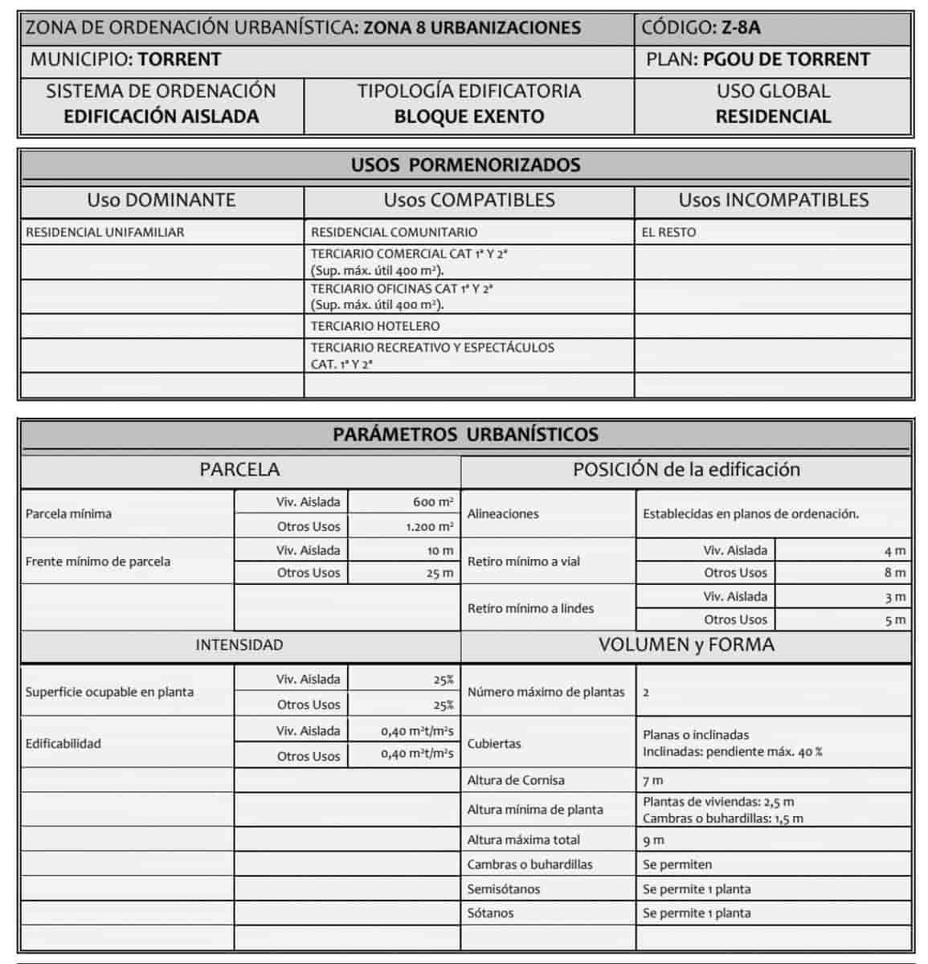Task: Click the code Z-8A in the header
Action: coord(740,27)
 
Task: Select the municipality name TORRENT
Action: coord(179,59)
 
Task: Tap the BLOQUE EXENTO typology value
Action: coord(468,116)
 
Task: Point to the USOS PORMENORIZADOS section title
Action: coord(465,165)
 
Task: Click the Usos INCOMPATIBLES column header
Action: coord(773,200)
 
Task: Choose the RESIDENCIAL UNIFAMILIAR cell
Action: coord(105,232)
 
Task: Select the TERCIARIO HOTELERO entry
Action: coord(375,326)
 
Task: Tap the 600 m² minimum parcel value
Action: coord(433,502)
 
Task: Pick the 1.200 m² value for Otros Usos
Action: coord(429,527)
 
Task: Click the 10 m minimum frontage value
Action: coord(440,551)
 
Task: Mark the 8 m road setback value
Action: coord(894,573)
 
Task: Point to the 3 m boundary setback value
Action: coord(894,597)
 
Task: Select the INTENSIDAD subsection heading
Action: coord(239,645)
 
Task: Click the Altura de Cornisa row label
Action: coord(516,780)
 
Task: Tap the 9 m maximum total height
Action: coord(653,840)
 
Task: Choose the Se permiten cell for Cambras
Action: coord(677,864)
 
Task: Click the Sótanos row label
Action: coord(490,913)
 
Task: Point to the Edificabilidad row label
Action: coord(63,744)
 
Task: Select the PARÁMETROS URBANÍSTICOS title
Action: coord(465,435)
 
